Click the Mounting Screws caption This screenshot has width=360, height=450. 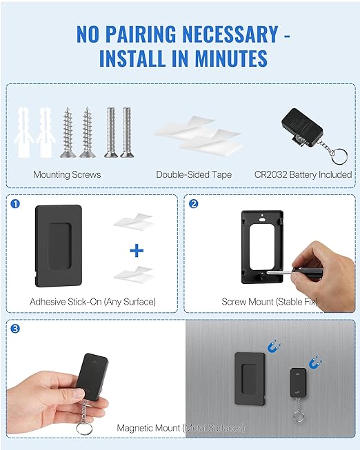(x=67, y=174)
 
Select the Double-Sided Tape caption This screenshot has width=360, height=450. (x=194, y=174)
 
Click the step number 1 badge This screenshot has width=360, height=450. (x=15, y=203)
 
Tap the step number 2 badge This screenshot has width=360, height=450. (x=193, y=203)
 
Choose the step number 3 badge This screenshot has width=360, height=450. (x=15, y=329)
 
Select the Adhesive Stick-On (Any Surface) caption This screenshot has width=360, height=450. (x=92, y=301)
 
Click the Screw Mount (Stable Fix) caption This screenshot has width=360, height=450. (x=269, y=301)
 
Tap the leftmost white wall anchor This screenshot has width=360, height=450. (x=21, y=131)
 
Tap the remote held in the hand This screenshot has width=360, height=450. (x=91, y=376)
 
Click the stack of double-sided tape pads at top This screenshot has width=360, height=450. (x=207, y=138)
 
